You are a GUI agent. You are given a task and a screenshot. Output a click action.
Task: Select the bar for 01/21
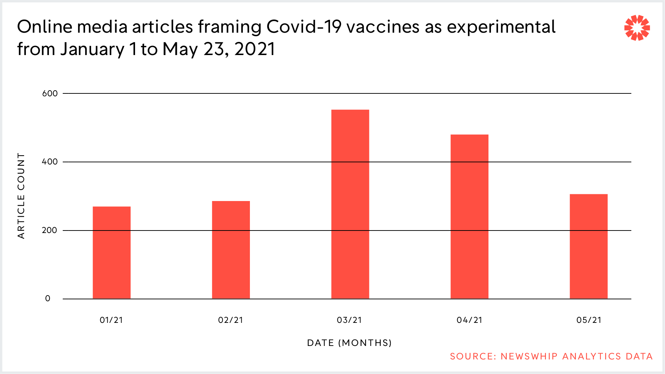click(x=112, y=253)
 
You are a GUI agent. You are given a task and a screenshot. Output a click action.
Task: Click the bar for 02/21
click(x=231, y=250)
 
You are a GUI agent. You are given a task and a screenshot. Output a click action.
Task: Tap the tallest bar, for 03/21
click(x=350, y=204)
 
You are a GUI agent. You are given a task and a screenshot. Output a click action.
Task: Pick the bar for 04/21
click(x=469, y=217)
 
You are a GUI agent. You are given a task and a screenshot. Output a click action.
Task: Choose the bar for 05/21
click(x=588, y=246)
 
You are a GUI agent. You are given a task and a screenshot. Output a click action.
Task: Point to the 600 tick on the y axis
click(x=50, y=93)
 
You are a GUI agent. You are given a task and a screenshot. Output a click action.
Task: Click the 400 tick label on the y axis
click(x=50, y=162)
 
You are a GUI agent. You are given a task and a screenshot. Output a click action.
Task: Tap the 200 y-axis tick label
click(x=50, y=230)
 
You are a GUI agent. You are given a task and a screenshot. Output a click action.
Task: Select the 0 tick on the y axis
click(x=48, y=299)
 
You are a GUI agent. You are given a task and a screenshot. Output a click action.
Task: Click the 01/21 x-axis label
click(x=111, y=320)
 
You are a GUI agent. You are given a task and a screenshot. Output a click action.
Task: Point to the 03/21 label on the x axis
click(x=350, y=320)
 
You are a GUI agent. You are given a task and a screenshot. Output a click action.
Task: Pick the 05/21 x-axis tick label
click(x=589, y=320)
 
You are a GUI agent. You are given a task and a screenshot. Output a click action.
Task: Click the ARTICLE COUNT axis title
click(x=21, y=196)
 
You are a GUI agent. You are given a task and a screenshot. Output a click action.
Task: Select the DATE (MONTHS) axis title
click(x=350, y=343)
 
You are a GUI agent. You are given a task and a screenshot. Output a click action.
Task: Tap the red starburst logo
click(x=637, y=28)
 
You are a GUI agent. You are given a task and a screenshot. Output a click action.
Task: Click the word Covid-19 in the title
click(x=304, y=27)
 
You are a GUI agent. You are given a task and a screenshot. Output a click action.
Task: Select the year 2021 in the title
click(x=255, y=49)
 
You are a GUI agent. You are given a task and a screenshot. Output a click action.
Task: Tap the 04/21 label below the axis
click(x=470, y=320)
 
